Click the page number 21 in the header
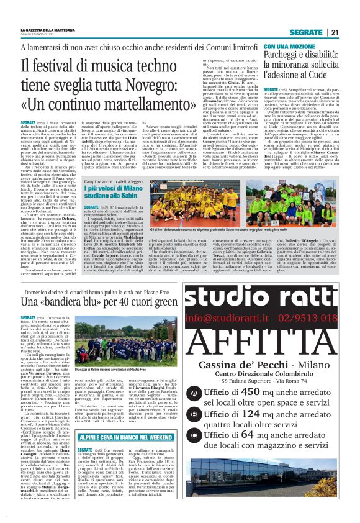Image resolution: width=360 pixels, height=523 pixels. coord(334,32)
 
